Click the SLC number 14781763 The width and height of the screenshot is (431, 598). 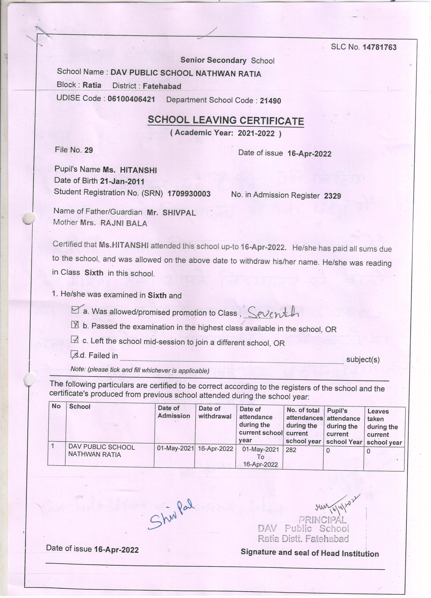[x=379, y=47]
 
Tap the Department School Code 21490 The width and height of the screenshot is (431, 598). [x=270, y=101]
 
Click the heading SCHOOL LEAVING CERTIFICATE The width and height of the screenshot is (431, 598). [x=226, y=121]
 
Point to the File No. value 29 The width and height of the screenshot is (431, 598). [x=89, y=150]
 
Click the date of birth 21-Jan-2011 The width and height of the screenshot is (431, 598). [x=122, y=181]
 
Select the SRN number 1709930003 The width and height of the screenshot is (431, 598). [x=189, y=194]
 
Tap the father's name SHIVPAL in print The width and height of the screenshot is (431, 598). [x=179, y=213]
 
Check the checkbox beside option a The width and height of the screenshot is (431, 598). [x=75, y=310]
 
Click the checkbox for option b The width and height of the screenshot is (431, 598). [x=75, y=325]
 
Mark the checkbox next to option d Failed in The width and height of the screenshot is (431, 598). [x=75, y=355]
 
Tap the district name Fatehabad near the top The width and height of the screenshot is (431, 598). [x=162, y=86]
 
